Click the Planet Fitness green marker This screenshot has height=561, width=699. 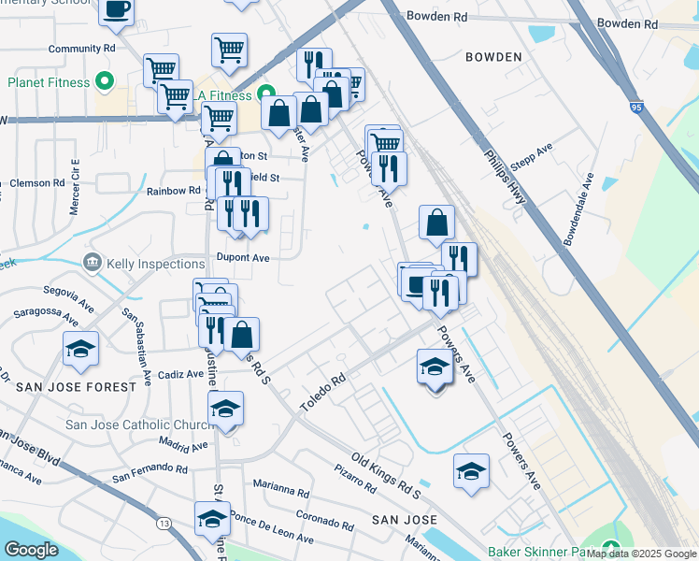pos(105,82)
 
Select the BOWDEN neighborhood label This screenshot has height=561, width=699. pos(493,57)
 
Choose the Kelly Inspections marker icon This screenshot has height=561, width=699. pos(92,264)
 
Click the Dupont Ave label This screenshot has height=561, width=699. pos(243,257)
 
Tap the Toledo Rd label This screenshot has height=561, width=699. pos(323,393)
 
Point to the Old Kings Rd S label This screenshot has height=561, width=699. pos(386,474)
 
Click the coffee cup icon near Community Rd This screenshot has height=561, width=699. pos(116,9)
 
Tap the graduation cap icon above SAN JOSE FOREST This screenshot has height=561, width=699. pos(81,349)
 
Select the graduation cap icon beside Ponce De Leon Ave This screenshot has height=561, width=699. pos(212,518)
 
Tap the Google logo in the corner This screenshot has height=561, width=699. pos(31,550)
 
